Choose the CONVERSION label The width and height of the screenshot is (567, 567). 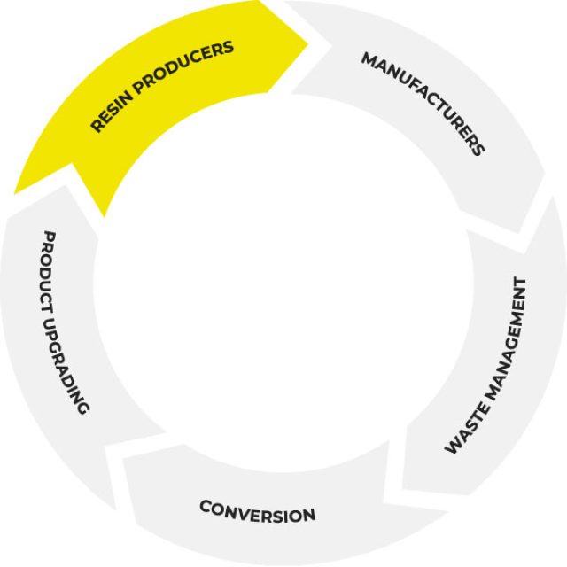click(257, 511)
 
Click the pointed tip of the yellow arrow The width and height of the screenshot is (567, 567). click(309, 39)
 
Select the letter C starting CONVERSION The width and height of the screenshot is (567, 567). click(205, 507)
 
